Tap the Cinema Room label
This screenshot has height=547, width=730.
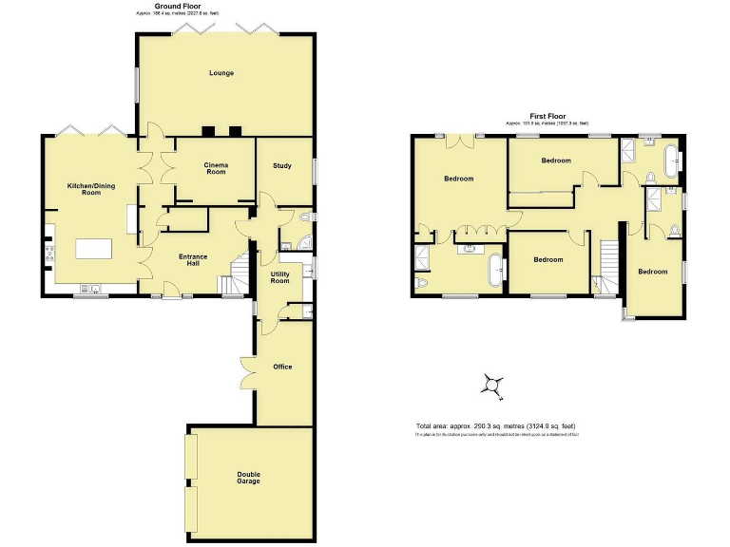[x=216, y=168]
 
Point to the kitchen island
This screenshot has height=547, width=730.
[x=94, y=249]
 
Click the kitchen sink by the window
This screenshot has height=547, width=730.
[x=91, y=289]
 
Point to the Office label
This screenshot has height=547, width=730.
[x=282, y=367]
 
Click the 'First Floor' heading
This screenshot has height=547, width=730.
[x=547, y=116]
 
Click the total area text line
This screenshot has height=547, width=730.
[x=495, y=425]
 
